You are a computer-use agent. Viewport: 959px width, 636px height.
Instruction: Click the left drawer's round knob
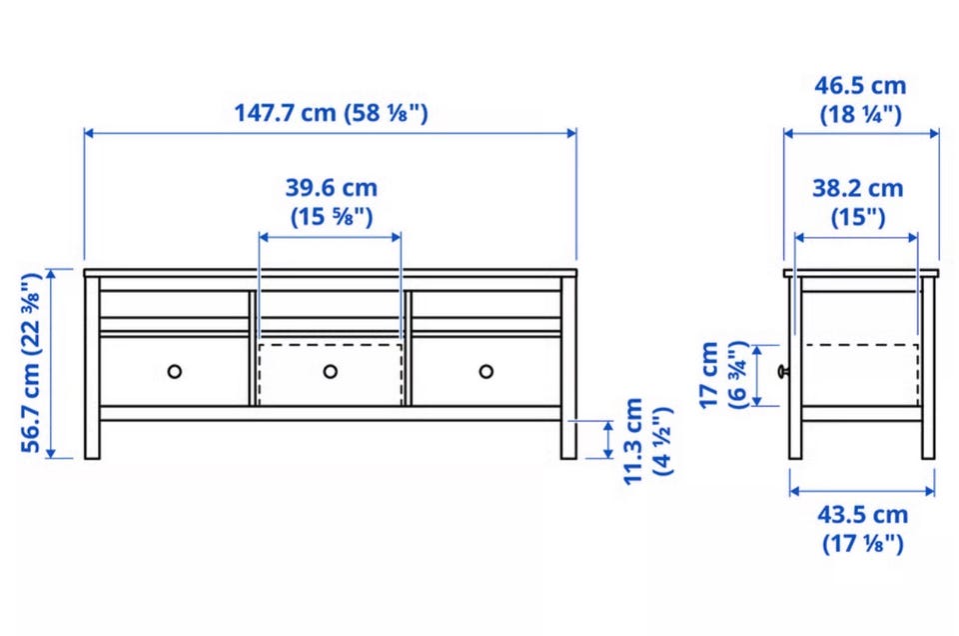pos(174,372)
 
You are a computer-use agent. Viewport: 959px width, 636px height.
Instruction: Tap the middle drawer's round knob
pos(331,372)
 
